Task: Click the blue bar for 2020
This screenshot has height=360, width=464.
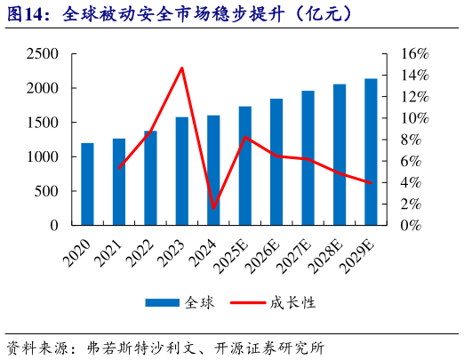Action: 87,184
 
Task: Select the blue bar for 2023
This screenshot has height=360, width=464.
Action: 182,171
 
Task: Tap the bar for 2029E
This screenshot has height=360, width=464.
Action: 371,152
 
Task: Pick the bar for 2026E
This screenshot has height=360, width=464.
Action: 276,162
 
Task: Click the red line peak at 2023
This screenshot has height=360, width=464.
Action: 182,68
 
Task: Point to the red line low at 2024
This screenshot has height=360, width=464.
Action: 213,208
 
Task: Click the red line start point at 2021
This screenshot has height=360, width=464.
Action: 119,167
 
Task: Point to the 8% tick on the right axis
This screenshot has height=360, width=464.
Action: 410,140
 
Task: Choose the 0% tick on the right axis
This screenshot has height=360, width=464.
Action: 410,225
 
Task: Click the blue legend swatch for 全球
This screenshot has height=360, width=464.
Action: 164,303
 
